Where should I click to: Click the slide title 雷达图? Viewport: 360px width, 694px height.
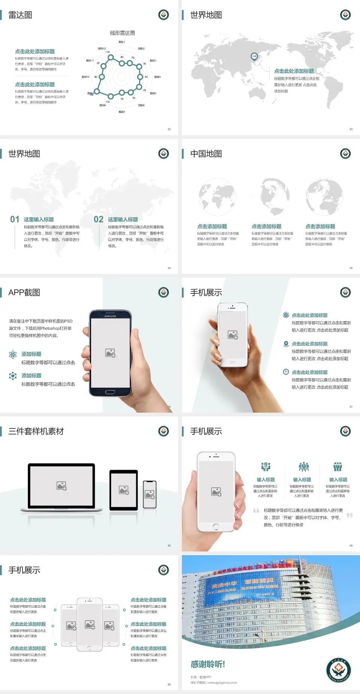click(x=20, y=15)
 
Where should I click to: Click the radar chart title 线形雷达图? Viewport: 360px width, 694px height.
click(x=122, y=33)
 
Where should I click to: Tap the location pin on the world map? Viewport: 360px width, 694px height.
click(x=254, y=57)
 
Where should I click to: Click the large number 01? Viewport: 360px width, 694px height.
click(x=15, y=219)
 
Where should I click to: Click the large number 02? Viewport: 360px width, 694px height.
click(x=99, y=219)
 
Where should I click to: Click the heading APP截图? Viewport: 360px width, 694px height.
click(x=24, y=293)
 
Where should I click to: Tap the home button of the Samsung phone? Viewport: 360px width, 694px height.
click(x=110, y=392)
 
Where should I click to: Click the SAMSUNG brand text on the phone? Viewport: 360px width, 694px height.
click(x=110, y=316)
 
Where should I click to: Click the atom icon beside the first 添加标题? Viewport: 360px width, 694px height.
click(x=13, y=355)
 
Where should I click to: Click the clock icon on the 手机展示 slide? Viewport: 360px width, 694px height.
click(x=286, y=372)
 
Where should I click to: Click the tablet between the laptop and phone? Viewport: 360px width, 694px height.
click(x=124, y=490)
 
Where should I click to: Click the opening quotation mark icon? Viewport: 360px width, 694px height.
click(x=256, y=511)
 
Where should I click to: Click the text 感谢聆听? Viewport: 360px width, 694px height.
click(x=208, y=664)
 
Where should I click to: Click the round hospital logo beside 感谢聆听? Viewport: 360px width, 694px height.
click(x=339, y=670)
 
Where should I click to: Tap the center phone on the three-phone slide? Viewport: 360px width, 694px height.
click(x=90, y=625)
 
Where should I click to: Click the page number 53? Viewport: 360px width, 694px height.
click(x=351, y=129)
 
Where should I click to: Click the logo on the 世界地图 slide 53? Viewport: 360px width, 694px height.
click(x=345, y=15)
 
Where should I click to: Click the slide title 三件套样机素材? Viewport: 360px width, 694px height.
click(x=36, y=431)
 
